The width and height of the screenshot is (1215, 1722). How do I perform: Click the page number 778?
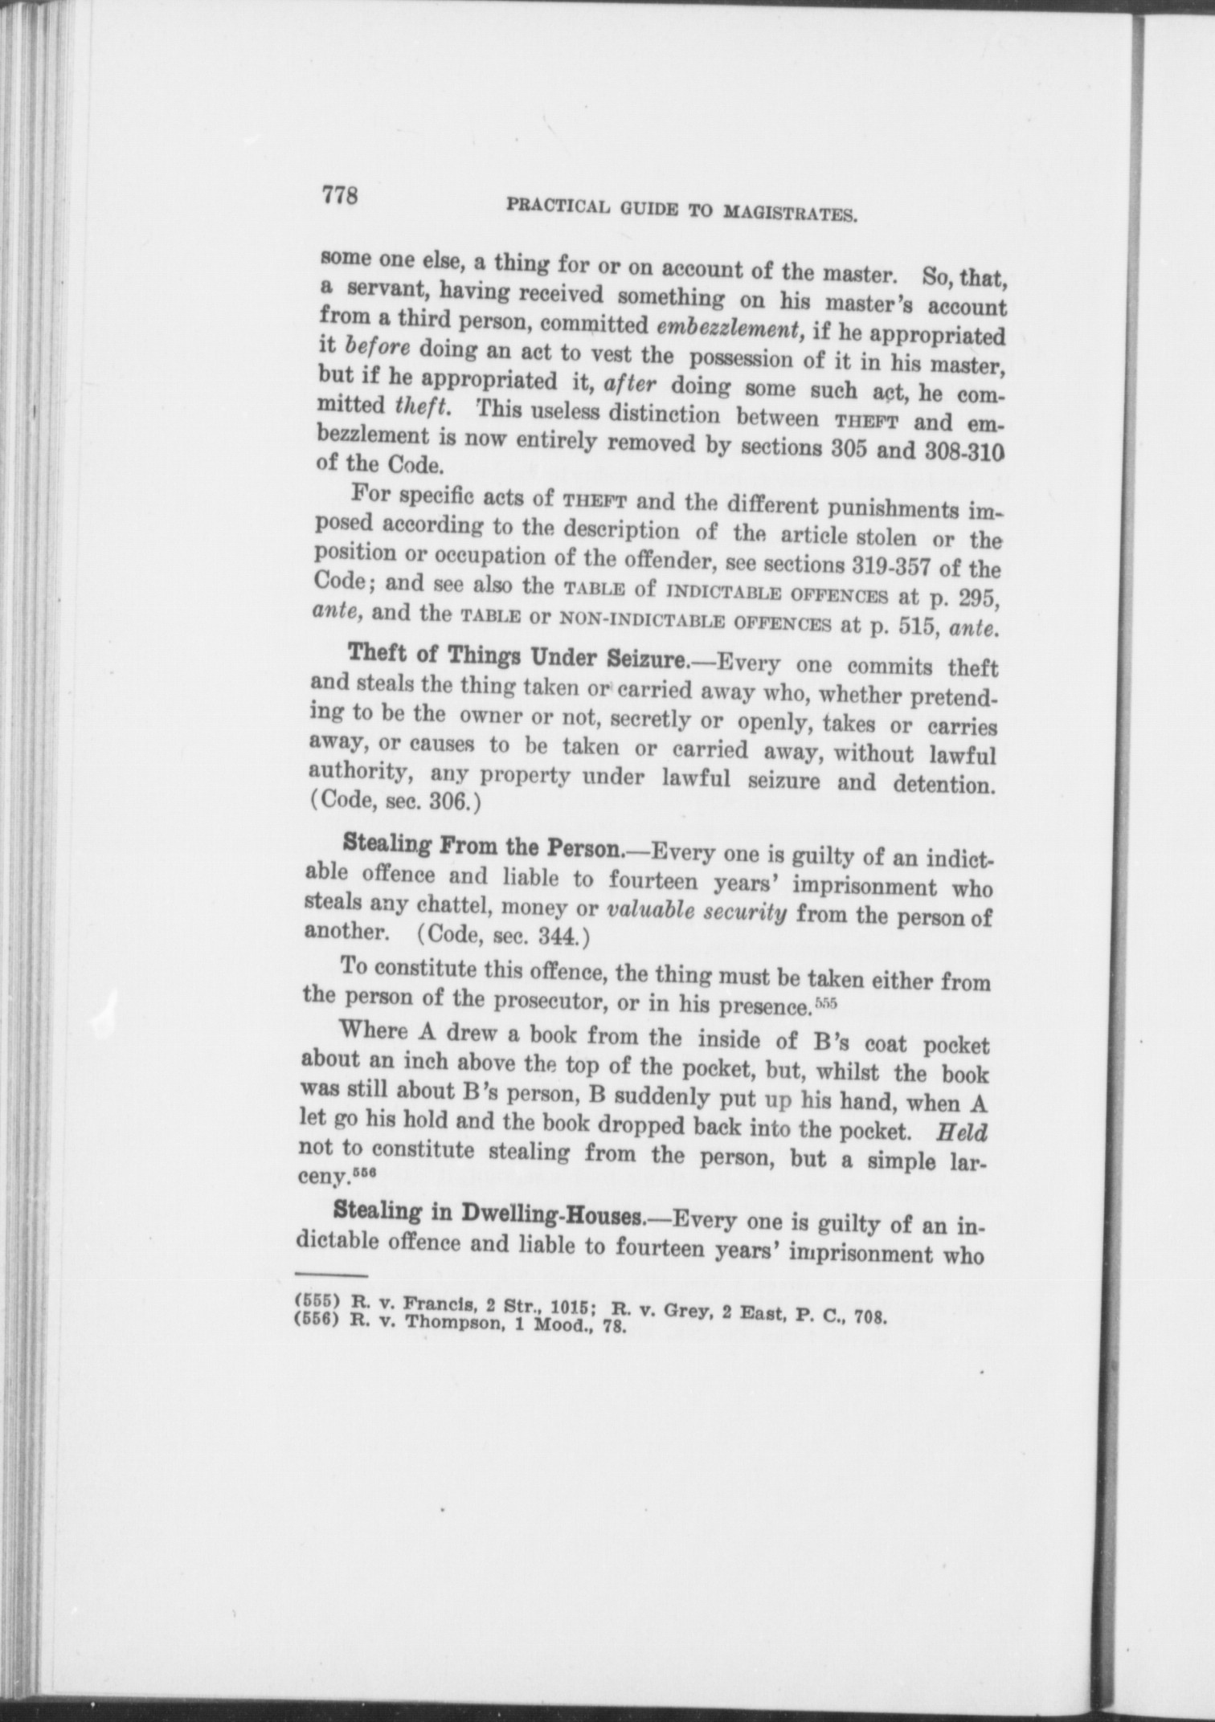(338, 195)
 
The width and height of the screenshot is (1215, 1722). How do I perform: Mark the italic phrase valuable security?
(696, 913)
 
